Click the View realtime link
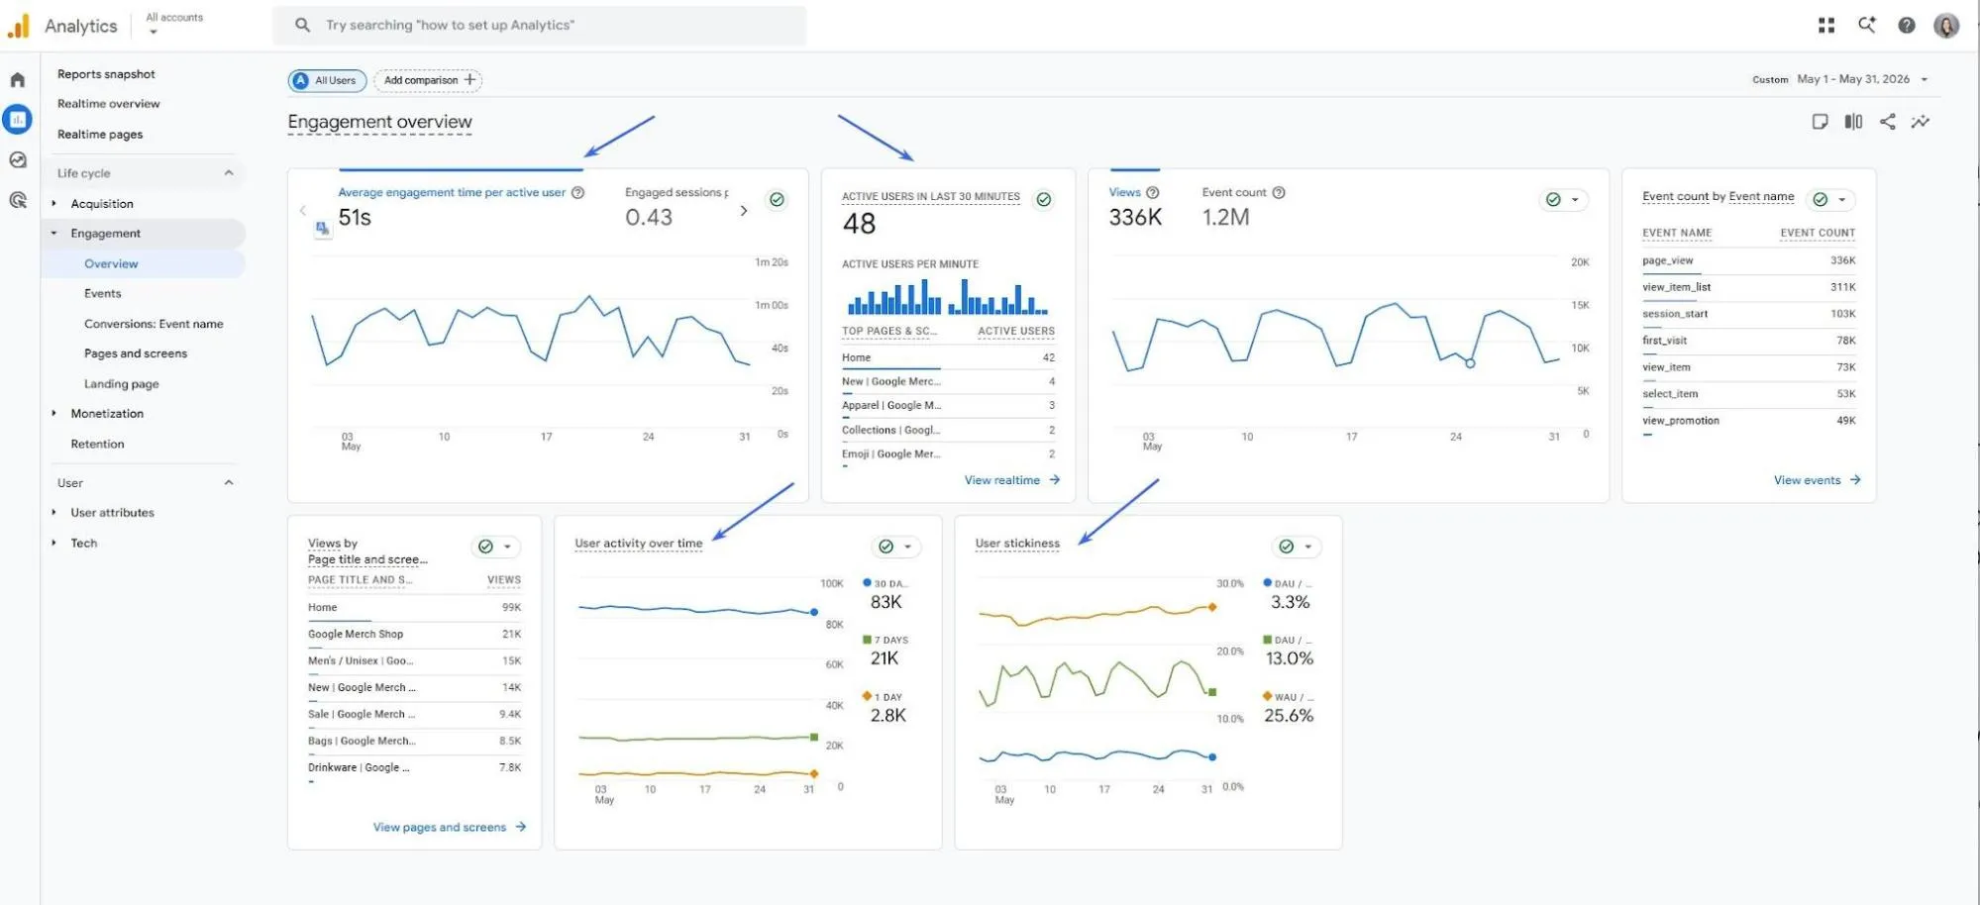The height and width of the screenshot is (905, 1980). point(1011,480)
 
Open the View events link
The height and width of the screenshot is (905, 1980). point(1817,480)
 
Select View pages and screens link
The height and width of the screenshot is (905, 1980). point(449,828)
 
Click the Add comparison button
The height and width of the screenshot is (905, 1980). point(428,80)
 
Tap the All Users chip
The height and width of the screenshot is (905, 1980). point(327,80)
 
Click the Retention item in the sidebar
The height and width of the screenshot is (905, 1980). point(97,445)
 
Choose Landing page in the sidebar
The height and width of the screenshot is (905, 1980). point(121,384)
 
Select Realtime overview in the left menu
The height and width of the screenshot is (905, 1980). point(108,104)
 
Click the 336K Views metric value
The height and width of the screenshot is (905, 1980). point(1135,217)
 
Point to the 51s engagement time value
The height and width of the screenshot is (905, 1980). point(355,217)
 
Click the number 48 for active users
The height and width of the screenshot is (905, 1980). point(859,224)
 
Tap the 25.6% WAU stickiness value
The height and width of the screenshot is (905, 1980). point(1289,715)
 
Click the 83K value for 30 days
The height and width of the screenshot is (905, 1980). point(886,602)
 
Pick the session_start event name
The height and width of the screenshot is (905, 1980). point(1675,314)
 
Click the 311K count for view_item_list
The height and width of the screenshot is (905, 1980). point(1842,287)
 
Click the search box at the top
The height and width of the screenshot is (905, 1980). point(539,25)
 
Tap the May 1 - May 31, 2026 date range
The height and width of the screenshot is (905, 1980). point(1853,79)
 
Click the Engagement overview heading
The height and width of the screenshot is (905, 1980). point(379,122)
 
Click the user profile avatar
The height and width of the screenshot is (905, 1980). point(1946,26)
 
